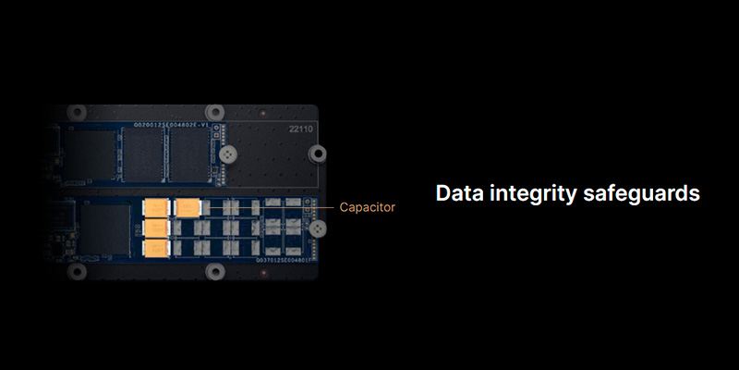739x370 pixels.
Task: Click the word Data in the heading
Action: (x=461, y=194)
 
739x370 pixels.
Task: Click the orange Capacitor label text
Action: (x=367, y=207)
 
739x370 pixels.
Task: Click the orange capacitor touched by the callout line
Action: (x=188, y=208)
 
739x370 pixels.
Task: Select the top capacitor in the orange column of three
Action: (x=155, y=208)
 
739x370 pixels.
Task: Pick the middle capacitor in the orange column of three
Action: (x=155, y=228)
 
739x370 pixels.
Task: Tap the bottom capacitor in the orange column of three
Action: (x=155, y=248)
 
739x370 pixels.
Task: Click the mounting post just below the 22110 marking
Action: (x=317, y=153)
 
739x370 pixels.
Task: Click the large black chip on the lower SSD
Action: (x=105, y=231)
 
